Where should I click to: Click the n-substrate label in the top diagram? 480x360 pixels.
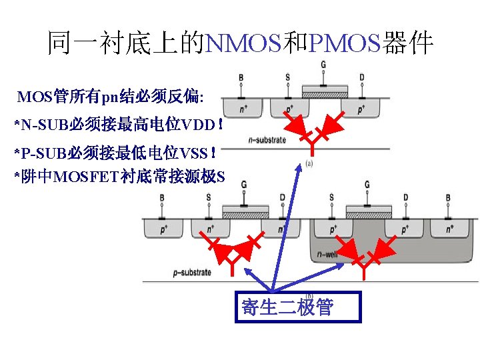266,140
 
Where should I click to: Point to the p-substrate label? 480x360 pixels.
192,272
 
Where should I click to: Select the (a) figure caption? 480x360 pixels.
310,162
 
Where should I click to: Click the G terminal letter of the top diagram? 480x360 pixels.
323,65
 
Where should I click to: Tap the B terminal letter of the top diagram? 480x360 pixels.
241,78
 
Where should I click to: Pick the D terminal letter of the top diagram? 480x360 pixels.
361,78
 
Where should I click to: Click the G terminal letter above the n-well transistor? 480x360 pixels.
367,185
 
